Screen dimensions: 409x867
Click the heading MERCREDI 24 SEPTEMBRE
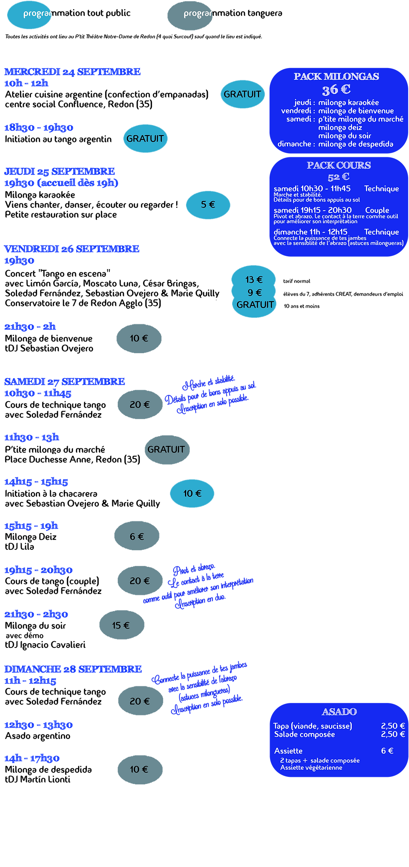[72, 72]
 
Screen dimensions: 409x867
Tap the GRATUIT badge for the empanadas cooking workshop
[242, 94]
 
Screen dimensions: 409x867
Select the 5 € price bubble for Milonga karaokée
[208, 205]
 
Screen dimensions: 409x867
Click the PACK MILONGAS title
[336, 76]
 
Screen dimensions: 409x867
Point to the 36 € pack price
[336, 90]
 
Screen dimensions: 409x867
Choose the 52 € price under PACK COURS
[338, 177]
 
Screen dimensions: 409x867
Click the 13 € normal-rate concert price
[254, 279]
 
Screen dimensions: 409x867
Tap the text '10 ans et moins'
[302, 306]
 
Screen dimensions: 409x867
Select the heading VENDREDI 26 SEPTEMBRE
[72, 249]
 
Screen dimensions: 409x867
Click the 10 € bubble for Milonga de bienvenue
[139, 339]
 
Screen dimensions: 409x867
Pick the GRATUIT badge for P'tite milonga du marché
[166, 450]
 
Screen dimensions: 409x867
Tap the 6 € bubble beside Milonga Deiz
[137, 536]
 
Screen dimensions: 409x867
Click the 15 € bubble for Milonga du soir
[121, 625]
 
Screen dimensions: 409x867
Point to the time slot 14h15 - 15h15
[36, 482]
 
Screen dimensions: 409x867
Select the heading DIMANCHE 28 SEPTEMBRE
[73, 669]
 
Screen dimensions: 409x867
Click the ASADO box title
[339, 712]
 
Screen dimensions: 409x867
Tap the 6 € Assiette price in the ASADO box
[387, 751]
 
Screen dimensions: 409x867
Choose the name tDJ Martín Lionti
[38, 779]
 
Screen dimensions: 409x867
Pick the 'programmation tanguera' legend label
[233, 13]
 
